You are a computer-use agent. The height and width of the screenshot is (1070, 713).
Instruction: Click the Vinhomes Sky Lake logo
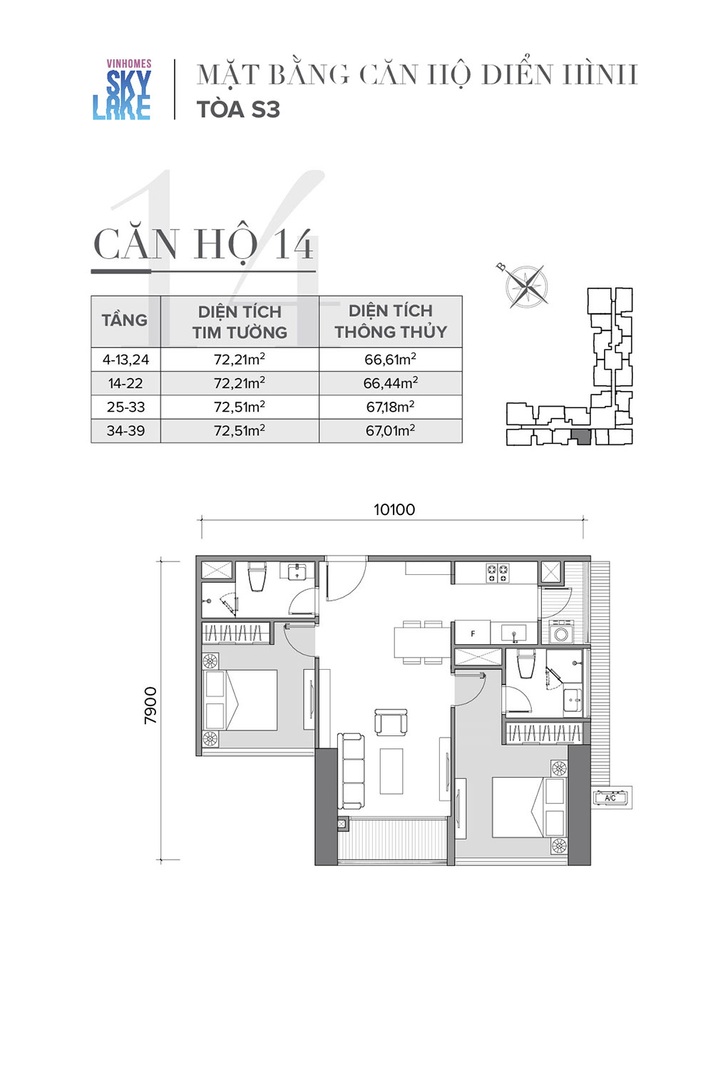[122, 89]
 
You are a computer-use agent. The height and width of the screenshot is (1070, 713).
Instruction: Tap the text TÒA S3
[238, 110]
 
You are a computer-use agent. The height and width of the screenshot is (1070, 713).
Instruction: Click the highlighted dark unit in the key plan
[581, 437]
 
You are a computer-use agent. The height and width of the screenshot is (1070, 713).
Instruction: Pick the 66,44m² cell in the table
[391, 383]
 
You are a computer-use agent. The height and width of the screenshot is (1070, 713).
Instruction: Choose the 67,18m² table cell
[391, 407]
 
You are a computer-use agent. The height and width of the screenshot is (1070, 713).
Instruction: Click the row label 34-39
[125, 431]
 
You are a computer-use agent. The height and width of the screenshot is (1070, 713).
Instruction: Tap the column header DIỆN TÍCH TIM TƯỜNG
[240, 322]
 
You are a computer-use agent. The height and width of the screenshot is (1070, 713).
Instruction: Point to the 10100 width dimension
[394, 510]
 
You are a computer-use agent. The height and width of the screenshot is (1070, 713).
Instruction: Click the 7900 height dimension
[150, 705]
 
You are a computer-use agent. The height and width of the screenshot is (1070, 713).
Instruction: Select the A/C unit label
[610, 798]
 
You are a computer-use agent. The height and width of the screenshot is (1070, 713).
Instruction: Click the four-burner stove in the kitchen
[498, 573]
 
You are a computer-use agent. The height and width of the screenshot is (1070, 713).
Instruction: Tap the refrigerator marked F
[472, 633]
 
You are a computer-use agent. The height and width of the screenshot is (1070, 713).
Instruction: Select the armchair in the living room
[391, 722]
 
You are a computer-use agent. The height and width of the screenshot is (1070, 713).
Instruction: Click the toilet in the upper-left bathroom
[257, 576]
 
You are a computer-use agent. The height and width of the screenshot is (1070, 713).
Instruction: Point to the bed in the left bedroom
[240, 700]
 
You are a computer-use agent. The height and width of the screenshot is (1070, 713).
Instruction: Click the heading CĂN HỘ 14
[204, 245]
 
